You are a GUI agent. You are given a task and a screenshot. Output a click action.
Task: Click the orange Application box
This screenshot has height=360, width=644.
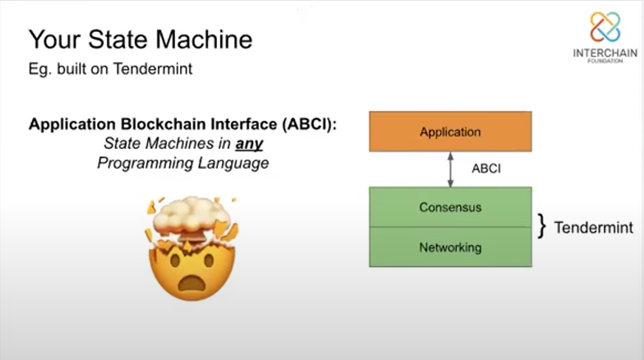tap(451, 131)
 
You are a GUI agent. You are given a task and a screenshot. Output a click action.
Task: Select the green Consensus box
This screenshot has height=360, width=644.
tap(451, 207)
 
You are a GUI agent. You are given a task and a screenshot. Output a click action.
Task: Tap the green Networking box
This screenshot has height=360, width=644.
tap(451, 247)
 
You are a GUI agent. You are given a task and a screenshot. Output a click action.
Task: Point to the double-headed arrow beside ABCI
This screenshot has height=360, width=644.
tap(451, 170)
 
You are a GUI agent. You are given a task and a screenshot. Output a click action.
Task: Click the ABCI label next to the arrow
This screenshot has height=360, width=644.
tap(486, 168)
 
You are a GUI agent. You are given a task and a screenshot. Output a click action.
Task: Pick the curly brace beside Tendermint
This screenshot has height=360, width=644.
tap(542, 226)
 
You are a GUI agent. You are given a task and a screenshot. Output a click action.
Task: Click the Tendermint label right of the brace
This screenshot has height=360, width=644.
tap(594, 227)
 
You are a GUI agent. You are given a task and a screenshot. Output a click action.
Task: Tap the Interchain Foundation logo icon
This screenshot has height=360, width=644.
tap(605, 27)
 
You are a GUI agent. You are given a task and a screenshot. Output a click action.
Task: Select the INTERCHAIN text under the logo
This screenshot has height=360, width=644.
tap(605, 53)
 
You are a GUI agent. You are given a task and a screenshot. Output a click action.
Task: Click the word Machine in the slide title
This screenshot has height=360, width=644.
tap(204, 39)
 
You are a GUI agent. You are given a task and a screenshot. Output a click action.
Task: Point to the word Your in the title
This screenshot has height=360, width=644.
tap(53, 39)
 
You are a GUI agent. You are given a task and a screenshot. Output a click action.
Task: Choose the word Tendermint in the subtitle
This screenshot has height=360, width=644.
tap(153, 69)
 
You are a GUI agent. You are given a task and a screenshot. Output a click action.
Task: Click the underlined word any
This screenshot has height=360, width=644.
tap(249, 144)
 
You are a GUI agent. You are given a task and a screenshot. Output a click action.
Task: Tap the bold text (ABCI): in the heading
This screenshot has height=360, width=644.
tap(309, 124)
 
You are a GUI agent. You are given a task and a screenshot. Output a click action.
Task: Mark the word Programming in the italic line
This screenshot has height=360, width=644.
tap(145, 163)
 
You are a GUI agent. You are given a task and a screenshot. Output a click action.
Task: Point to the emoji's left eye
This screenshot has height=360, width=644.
tap(176, 260)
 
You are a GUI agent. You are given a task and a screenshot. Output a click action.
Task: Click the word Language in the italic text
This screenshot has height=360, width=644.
tap(233, 163)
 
